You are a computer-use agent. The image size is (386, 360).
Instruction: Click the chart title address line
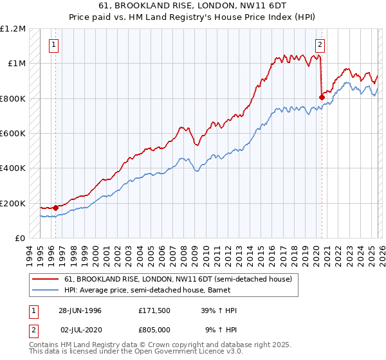pos(193,6)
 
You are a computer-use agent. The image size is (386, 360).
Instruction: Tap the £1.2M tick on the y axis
pos(14,28)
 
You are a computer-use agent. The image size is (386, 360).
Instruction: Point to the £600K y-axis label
pos(13,134)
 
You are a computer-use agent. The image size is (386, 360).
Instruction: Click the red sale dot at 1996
pos(56,208)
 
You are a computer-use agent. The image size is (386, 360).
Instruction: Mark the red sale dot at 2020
pos(321,97)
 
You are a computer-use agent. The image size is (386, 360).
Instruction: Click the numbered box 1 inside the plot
pos(53,45)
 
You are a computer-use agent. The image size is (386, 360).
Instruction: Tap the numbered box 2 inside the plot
pos(320,45)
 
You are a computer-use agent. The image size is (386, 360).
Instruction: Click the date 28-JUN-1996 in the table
pos(80,310)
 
